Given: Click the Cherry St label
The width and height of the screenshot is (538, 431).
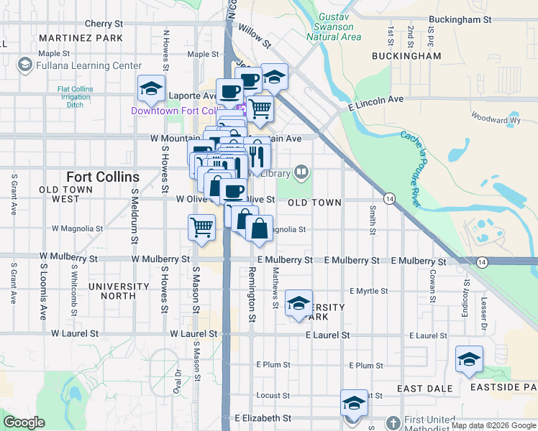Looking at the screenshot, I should (104, 24).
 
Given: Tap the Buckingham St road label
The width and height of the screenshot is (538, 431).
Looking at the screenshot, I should (460, 21).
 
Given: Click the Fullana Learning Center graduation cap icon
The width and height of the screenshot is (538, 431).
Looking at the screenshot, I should (25, 65).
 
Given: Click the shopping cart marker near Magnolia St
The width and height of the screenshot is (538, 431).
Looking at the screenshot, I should (202, 226).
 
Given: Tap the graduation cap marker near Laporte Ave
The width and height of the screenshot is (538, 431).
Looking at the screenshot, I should (152, 88).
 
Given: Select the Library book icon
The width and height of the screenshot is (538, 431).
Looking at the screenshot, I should (301, 172).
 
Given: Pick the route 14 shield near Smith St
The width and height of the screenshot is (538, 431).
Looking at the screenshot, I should (389, 198).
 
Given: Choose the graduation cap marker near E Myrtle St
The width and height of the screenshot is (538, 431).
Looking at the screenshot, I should (298, 303).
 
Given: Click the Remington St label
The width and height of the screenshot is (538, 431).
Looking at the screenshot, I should (252, 297).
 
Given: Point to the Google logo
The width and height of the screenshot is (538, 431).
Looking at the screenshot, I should (24, 422).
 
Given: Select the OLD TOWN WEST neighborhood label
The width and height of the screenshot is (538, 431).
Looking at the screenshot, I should (69, 194).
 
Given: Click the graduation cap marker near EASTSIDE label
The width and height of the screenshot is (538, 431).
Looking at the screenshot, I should (469, 359).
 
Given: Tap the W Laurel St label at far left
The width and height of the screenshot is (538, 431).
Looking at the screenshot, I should (75, 334).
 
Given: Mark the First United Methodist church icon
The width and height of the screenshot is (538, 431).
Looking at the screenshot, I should (393, 422).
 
